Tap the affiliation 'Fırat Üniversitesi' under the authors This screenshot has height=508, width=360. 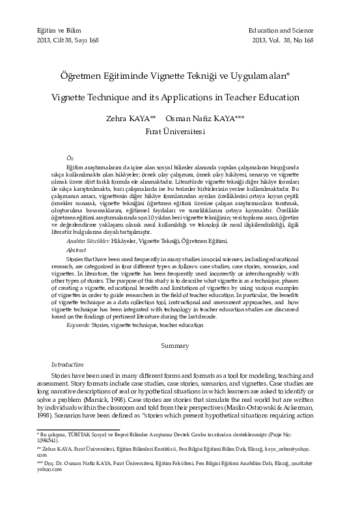point(175,131)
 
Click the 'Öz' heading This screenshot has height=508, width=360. point(70,158)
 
